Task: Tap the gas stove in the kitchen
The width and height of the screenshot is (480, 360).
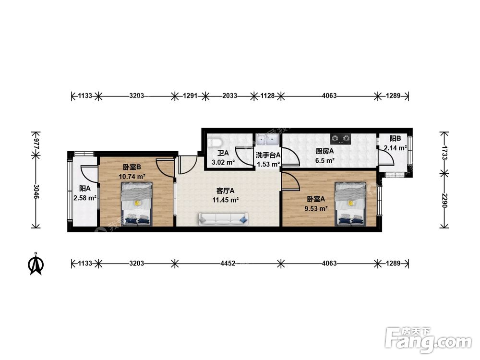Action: (x=340, y=139)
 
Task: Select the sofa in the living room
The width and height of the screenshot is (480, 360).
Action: (x=224, y=219)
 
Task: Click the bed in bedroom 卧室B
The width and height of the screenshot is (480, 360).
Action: (x=136, y=204)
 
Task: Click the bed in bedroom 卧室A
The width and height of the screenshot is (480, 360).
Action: (x=350, y=204)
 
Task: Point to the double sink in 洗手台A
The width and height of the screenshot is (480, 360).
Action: (x=267, y=139)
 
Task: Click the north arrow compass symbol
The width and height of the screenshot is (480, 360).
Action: (x=36, y=264)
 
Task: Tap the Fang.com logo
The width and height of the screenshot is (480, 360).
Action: (x=428, y=339)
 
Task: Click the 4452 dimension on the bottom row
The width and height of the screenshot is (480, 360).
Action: (x=228, y=263)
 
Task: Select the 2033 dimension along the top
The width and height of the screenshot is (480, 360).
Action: (x=229, y=96)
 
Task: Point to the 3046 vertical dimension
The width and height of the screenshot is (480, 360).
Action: (x=36, y=192)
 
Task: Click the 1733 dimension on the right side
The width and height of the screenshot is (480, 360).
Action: (x=444, y=152)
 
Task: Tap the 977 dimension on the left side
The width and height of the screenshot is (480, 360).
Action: (x=36, y=143)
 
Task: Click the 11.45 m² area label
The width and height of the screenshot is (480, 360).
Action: (x=226, y=200)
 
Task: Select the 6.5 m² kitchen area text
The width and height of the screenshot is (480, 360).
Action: (x=325, y=160)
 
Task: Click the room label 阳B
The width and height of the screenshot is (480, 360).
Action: (x=395, y=139)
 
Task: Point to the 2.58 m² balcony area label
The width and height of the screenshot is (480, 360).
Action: (x=85, y=198)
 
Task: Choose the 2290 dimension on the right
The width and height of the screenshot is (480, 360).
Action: (x=444, y=201)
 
